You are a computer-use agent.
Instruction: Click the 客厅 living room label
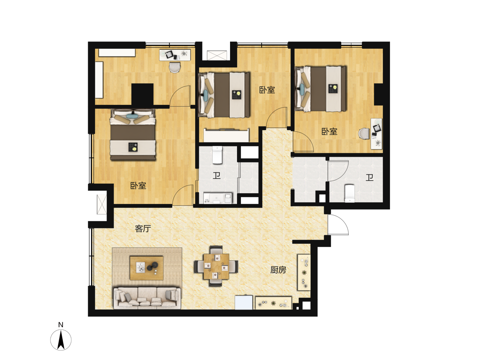143,229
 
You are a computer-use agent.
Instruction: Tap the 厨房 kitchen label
278,270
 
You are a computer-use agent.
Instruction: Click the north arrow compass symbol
61,340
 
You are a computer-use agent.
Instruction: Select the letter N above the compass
61,325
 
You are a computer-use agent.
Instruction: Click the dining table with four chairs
216,266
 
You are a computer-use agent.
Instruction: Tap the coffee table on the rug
147,268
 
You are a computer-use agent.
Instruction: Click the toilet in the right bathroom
350,193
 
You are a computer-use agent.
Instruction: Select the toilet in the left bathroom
217,155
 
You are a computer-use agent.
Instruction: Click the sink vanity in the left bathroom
217,198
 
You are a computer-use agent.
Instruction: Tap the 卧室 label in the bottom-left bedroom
138,186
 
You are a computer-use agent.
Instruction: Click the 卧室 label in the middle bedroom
267,90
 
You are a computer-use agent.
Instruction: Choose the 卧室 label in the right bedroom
330,131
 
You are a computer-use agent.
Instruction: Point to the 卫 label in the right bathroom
369,178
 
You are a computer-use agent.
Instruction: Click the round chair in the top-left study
175,67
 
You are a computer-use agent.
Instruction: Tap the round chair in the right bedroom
364,133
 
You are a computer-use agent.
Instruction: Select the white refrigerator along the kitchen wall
244,302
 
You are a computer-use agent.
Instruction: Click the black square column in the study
142,95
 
